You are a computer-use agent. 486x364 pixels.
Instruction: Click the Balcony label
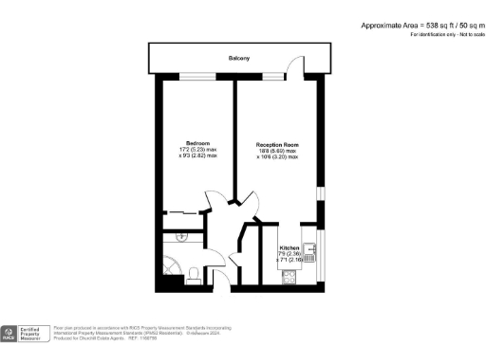click(x=239, y=59)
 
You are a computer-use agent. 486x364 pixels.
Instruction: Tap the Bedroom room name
click(x=197, y=143)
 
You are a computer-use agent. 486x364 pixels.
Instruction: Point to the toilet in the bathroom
click(x=194, y=274)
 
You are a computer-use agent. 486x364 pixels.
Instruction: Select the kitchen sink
click(x=308, y=248)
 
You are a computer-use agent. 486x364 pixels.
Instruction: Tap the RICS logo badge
click(x=9, y=333)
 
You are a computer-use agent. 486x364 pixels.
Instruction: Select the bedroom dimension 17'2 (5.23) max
click(x=197, y=150)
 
